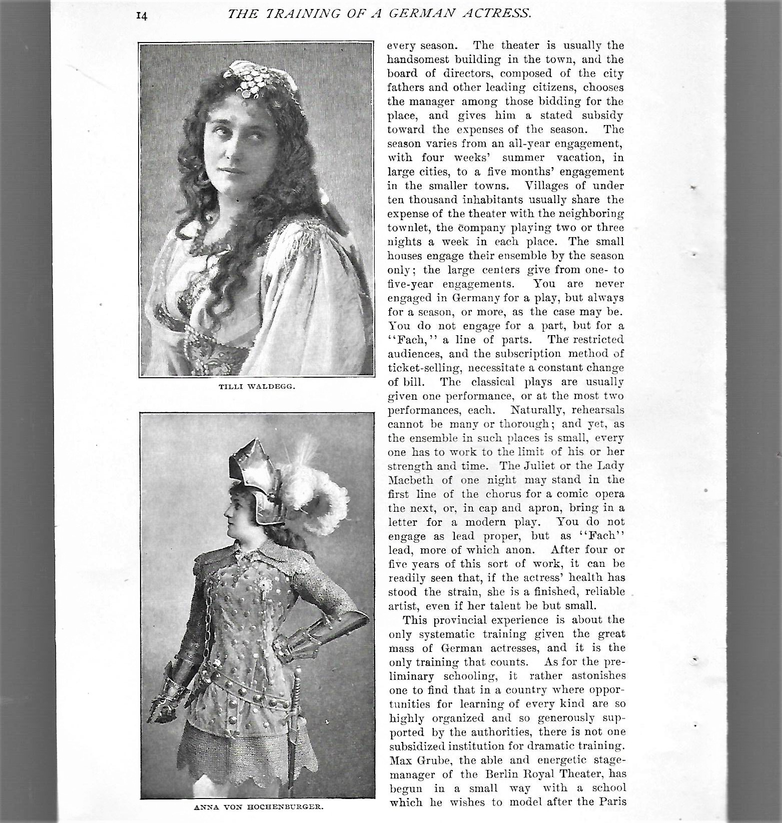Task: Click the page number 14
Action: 141,16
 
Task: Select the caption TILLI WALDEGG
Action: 256,386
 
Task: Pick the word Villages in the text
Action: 545,186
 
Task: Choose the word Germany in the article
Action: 470,298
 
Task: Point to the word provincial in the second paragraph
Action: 457,620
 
